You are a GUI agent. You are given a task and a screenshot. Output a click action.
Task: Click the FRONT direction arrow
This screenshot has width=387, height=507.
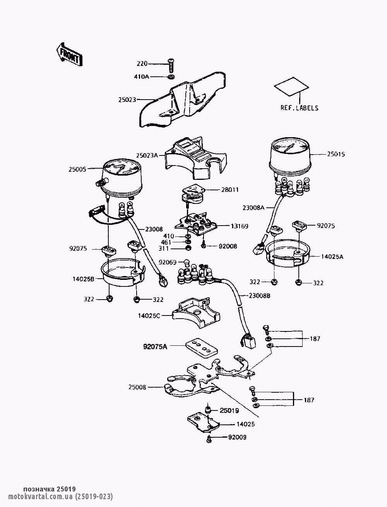(x=69, y=54)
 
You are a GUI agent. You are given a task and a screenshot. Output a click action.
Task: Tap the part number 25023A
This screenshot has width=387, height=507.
(x=147, y=155)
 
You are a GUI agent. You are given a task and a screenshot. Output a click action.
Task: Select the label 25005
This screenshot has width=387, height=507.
(x=78, y=169)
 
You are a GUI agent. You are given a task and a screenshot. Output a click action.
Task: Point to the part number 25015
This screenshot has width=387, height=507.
(x=336, y=154)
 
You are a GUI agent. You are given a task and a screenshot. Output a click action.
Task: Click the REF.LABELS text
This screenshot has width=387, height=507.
(x=299, y=108)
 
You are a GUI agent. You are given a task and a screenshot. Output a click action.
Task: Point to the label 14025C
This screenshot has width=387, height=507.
(x=149, y=316)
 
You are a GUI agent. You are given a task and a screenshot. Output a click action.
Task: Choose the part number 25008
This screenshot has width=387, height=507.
(x=138, y=387)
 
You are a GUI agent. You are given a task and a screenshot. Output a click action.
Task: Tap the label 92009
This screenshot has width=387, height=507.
(x=237, y=437)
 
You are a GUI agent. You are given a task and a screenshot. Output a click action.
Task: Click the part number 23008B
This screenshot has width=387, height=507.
(x=259, y=295)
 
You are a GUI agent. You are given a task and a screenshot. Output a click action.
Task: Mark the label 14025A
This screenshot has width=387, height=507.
(x=332, y=256)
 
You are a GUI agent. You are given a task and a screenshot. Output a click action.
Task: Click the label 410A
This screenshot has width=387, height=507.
(x=141, y=77)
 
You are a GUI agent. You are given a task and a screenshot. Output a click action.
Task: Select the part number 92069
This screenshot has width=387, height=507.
(x=168, y=262)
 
